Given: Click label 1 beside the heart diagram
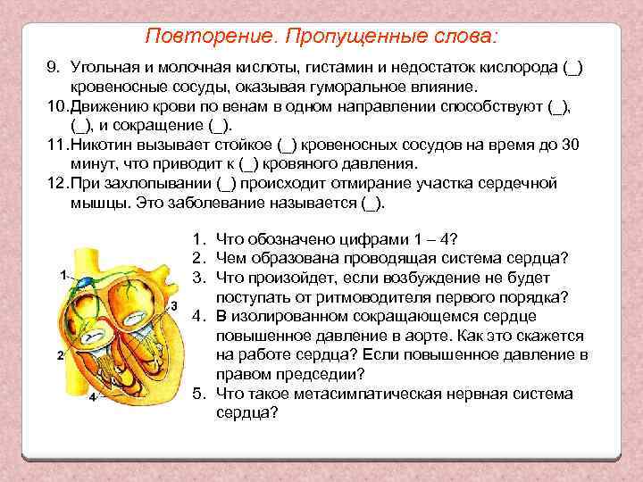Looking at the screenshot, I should click(x=63, y=275).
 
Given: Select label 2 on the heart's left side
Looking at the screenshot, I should click(x=59, y=355).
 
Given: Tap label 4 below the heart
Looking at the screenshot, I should click(x=92, y=397).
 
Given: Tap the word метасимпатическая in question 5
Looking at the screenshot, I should click(x=355, y=394).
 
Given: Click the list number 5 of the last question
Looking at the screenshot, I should click(x=199, y=394).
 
